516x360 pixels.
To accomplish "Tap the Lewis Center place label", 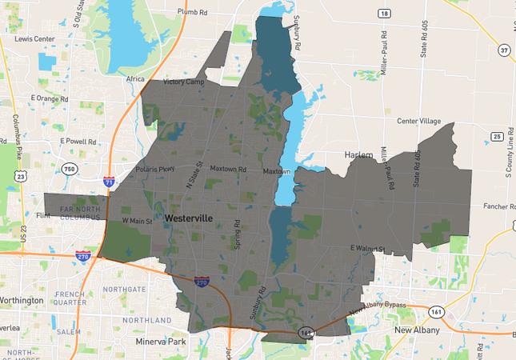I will click(x=34, y=38).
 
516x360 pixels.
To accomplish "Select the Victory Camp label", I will click(x=185, y=82).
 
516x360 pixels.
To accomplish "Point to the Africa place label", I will click(x=135, y=79).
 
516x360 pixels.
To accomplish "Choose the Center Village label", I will click(x=418, y=121).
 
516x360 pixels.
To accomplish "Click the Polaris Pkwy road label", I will click(x=155, y=170).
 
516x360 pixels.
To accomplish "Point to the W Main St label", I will click(x=137, y=220).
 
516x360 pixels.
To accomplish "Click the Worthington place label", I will click(x=22, y=300).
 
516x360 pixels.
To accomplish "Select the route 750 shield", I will click(x=69, y=169).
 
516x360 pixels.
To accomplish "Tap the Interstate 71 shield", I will click(x=109, y=183).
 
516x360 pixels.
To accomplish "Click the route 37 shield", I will click(x=503, y=50).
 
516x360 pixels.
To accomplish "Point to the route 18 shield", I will click(x=385, y=14).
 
